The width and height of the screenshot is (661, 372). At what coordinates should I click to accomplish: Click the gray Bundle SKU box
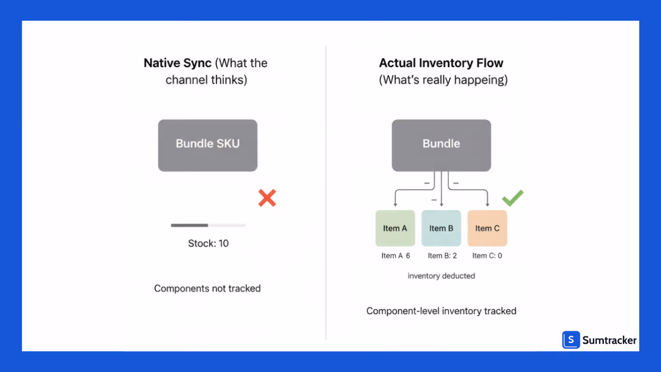(x=208, y=145)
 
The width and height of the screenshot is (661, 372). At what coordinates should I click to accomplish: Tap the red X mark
(x=267, y=198)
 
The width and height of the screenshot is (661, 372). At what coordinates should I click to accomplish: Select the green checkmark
(x=513, y=198)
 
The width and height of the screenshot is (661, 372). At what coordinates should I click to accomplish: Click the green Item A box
(x=395, y=228)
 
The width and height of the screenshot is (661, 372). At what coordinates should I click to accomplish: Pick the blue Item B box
(x=441, y=228)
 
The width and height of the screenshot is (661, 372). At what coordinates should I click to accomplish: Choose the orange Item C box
(x=487, y=228)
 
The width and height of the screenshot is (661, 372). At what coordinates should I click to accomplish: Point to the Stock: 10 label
(x=208, y=243)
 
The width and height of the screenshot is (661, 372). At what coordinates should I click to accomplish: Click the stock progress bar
(x=208, y=225)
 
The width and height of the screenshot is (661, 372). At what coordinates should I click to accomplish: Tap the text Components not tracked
(x=207, y=288)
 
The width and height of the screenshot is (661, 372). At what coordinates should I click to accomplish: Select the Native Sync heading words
(x=177, y=63)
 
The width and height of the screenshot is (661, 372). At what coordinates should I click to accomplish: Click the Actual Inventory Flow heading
(x=441, y=63)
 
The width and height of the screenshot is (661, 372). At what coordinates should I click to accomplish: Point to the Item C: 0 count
(x=487, y=256)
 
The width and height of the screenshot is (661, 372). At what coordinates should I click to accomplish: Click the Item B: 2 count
(x=442, y=256)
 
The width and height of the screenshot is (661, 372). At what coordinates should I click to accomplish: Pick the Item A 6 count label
(x=395, y=256)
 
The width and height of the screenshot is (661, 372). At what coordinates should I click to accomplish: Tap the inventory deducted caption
(x=441, y=276)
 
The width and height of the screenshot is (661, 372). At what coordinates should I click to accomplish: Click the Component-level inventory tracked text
(x=441, y=311)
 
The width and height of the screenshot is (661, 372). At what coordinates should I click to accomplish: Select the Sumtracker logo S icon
(x=571, y=340)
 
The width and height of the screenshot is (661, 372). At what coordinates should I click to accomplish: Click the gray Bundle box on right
(x=441, y=145)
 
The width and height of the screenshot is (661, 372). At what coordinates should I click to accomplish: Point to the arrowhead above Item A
(x=395, y=205)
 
